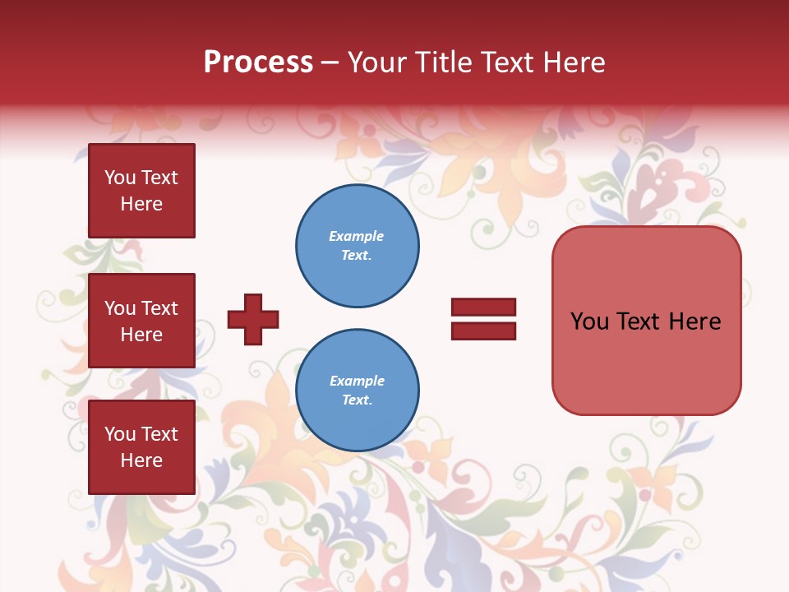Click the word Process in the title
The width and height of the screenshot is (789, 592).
(x=258, y=62)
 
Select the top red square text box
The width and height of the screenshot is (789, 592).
(x=141, y=191)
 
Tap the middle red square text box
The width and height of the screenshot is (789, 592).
(x=141, y=321)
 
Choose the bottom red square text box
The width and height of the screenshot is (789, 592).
(x=141, y=447)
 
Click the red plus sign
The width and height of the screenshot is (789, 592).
(x=253, y=319)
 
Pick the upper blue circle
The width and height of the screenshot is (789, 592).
(x=357, y=246)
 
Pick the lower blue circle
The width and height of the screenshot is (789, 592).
(x=357, y=391)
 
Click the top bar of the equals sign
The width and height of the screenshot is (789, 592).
(x=483, y=308)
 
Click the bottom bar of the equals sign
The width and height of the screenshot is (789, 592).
(x=483, y=331)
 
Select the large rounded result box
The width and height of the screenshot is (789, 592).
(x=646, y=321)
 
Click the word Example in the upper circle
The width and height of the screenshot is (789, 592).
(x=357, y=236)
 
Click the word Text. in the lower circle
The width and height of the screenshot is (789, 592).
(x=357, y=400)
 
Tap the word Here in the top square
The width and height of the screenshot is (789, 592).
(x=141, y=204)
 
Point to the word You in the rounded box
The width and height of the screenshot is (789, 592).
(x=589, y=321)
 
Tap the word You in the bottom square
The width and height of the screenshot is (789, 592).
(x=120, y=434)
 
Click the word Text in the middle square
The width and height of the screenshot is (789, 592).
(x=159, y=308)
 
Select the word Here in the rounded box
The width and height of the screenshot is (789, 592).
(x=694, y=321)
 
